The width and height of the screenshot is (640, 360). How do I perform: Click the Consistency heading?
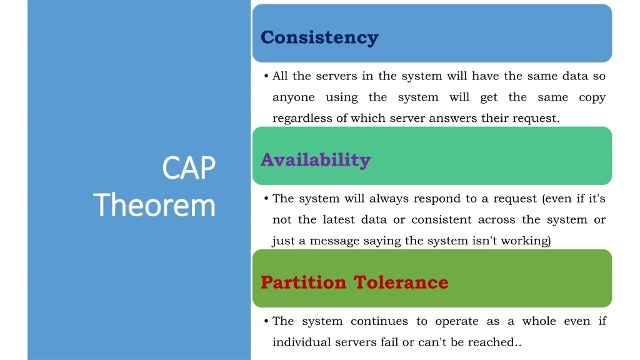point(319,37)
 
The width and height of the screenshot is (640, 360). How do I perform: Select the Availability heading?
point(316,159)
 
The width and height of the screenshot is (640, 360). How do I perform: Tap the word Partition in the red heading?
point(303,282)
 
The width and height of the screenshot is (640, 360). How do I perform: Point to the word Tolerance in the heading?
point(401,282)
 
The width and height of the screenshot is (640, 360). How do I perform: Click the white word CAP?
point(189,167)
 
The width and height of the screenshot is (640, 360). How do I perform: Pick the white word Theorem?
point(154,205)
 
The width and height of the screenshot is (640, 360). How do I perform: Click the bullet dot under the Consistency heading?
point(266,76)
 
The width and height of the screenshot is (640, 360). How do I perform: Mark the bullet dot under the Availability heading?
point(266,198)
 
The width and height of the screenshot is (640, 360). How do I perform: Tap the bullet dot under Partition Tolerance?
point(266,321)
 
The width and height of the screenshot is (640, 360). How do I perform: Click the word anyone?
point(294,97)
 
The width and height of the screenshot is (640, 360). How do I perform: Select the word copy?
point(592,97)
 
